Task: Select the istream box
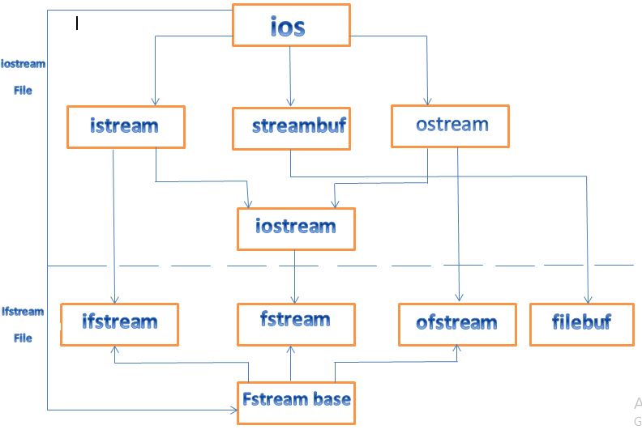[126, 127]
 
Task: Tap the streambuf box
[290, 128]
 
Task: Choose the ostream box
[450, 125]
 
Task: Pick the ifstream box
[118, 323]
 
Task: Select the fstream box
[295, 323]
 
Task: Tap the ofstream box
[457, 324]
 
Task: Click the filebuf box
[581, 323]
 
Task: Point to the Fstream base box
[296, 401]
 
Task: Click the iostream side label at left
[23, 64]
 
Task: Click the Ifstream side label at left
[23, 312]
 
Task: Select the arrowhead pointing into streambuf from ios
[289, 102]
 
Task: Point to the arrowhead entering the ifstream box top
[115, 299]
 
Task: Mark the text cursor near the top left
[77, 23]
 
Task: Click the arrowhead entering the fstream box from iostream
[294, 299]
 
